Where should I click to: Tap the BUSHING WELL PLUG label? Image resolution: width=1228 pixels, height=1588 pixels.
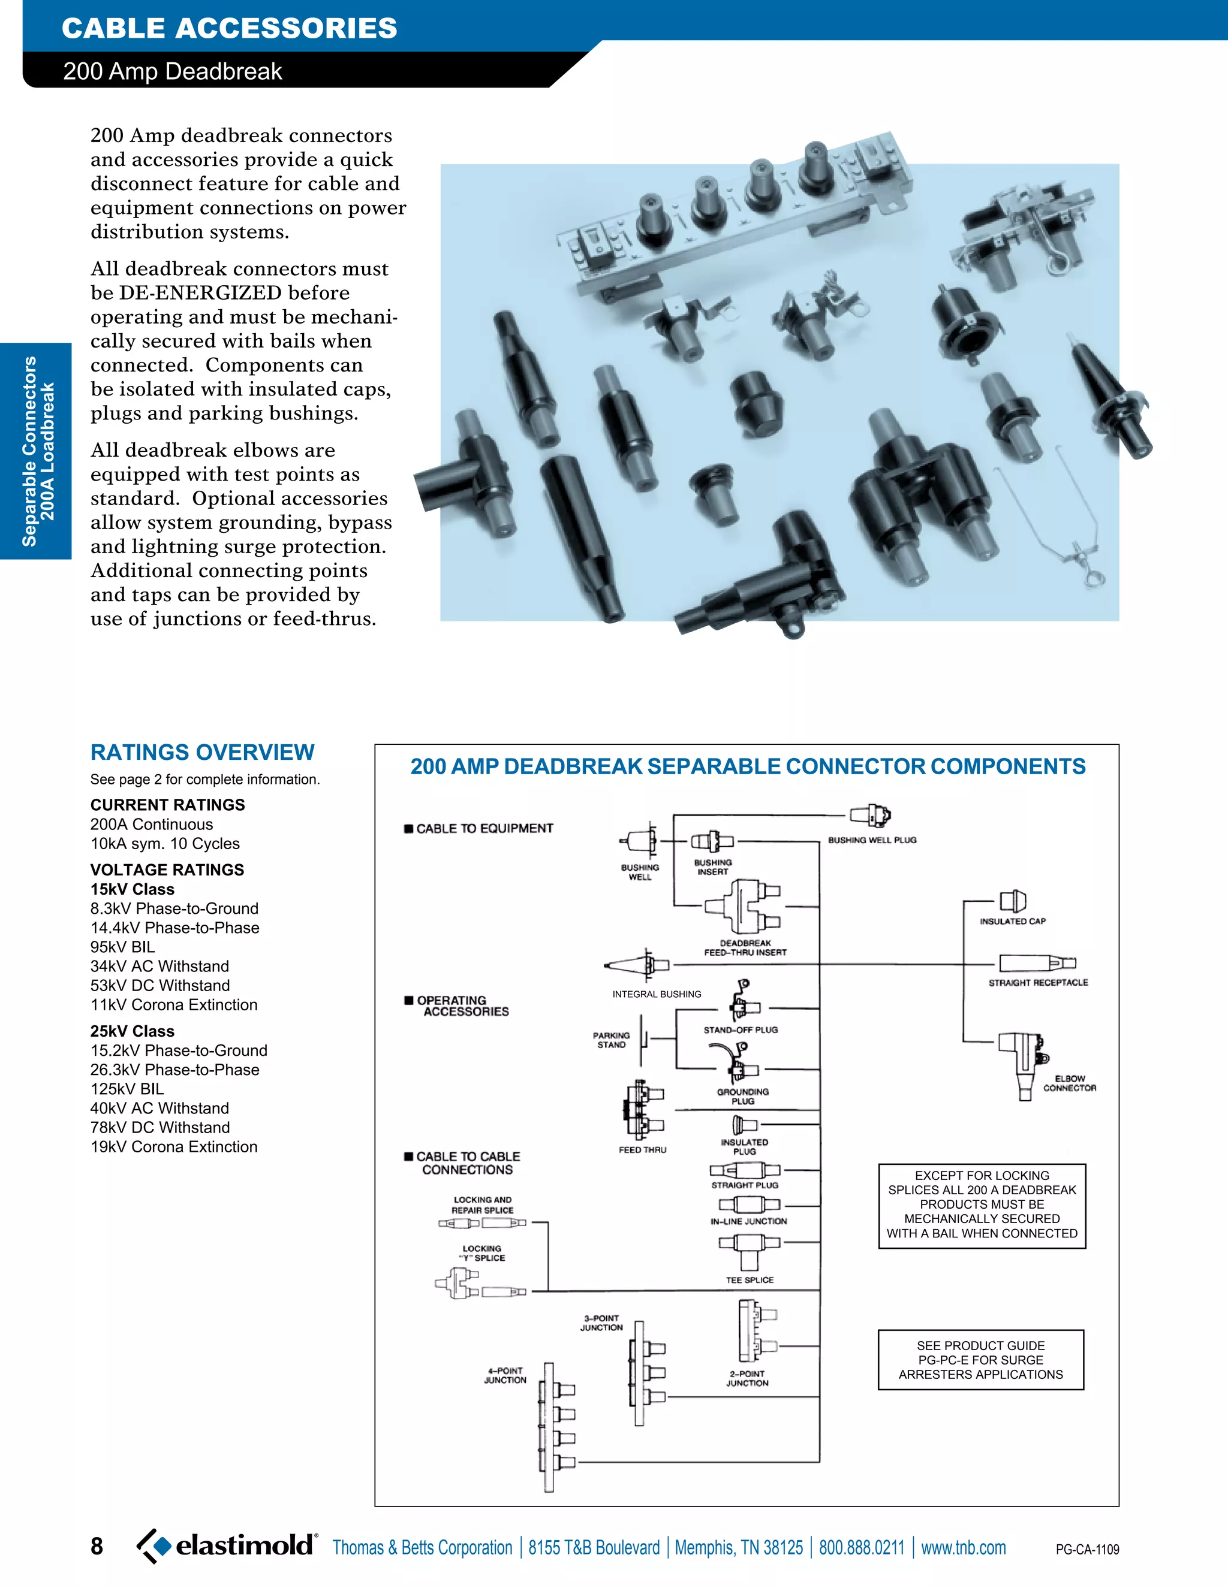[872, 840]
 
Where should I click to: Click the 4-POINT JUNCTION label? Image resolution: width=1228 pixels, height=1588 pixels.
[505, 1375]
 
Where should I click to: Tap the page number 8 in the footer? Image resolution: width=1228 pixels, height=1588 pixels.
[97, 1546]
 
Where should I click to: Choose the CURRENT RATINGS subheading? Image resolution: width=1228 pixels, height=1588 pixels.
[167, 805]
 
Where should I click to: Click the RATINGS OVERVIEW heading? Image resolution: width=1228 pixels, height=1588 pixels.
[202, 752]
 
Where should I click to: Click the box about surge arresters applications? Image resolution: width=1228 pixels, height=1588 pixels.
[980, 1360]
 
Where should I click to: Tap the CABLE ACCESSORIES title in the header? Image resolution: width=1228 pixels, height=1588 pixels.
[229, 28]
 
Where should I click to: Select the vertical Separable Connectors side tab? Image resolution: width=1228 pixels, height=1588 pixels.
[37, 451]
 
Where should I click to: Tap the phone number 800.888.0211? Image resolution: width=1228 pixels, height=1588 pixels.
[862, 1547]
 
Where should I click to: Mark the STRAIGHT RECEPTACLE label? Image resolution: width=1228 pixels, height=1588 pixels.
[1038, 982]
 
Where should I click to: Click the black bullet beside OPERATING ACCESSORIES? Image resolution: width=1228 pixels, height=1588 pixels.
[409, 1001]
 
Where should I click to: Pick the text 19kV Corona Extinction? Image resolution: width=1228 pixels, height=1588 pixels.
[174, 1146]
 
